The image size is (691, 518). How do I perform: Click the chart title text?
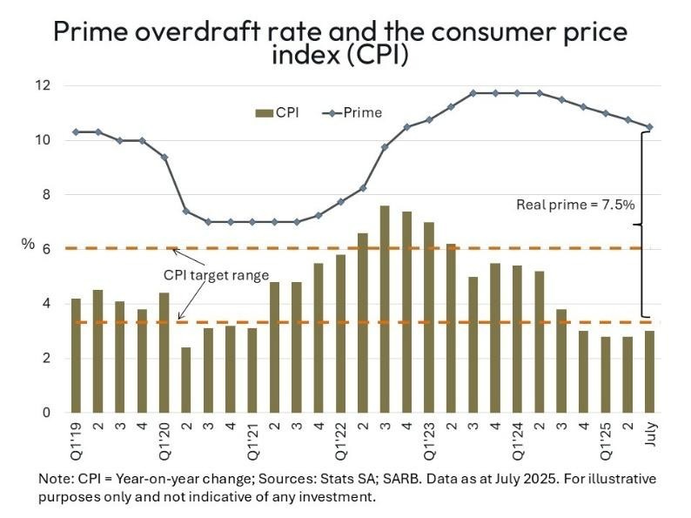pos(340,44)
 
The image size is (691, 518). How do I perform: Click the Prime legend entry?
pos(352,112)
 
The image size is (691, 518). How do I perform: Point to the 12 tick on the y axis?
pos(44,85)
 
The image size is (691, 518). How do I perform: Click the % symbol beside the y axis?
pos(28,245)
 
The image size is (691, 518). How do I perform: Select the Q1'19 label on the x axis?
pos(77,434)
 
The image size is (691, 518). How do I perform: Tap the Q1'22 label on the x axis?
pos(341,434)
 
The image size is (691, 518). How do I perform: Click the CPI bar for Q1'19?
pos(77,355)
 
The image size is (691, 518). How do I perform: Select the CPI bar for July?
pos(649,372)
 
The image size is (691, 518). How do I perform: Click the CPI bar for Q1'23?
pos(429,317)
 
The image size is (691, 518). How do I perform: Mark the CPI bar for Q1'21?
pos(252,370)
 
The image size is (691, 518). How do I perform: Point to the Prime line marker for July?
pos(649,127)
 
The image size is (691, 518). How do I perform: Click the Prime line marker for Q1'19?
pos(77,131)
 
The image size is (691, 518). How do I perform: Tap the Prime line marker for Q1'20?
pos(164,157)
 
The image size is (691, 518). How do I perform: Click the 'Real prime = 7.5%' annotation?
pos(576,205)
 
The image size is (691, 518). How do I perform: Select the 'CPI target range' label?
pos(217,275)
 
